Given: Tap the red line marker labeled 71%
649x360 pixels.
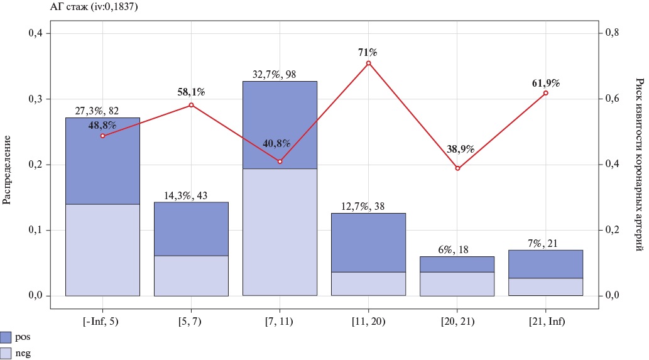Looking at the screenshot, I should pos(369,63).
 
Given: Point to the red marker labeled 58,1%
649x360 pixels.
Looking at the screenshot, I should pos(191,105).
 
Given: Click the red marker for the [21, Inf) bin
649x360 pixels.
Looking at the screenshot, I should pos(546,93).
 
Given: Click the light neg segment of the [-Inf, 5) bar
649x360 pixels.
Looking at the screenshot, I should pos(102,250).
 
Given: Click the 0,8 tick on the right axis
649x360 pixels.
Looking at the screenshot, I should pos(612,33).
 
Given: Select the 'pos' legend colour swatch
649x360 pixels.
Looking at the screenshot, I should pos(6,337).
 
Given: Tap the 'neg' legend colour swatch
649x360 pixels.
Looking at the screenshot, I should pos(6,353).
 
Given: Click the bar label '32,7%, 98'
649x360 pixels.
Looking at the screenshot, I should pos(280,74).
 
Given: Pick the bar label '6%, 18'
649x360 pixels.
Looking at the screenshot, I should pos(457,249).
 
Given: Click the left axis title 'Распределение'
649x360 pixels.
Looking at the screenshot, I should pos(8,165).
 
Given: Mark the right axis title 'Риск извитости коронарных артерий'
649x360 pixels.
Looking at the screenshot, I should pos(640,165).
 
